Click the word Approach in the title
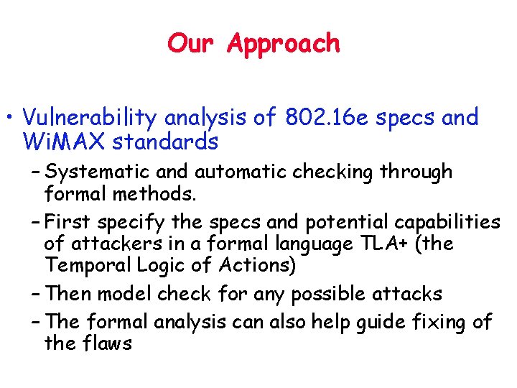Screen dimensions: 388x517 tap(284, 45)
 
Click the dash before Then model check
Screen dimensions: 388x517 tap(35, 294)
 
